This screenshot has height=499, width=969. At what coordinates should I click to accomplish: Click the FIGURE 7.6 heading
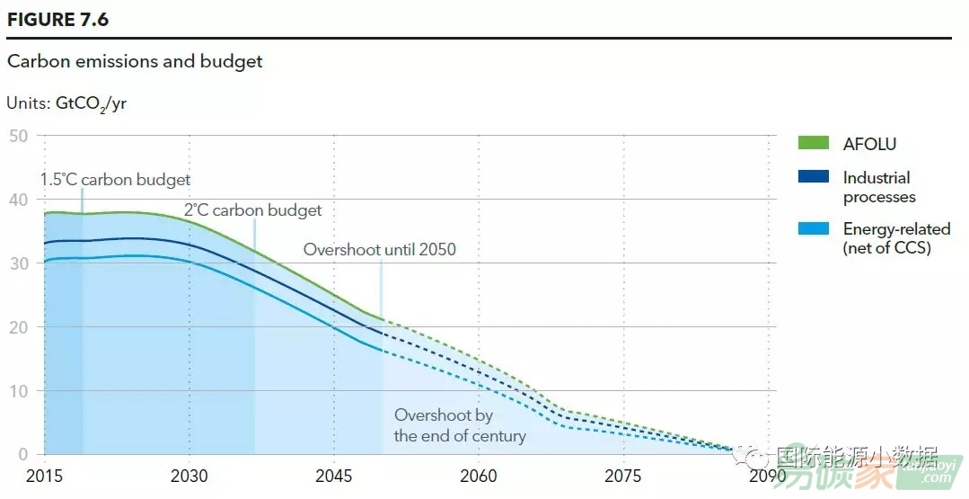click(x=57, y=19)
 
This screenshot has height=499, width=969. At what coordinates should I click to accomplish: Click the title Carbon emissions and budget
click(x=135, y=62)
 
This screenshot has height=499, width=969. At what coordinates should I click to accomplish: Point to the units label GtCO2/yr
click(x=66, y=103)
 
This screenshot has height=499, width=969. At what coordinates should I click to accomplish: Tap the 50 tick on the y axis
click(x=19, y=136)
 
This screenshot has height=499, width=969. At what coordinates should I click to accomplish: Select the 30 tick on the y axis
click(x=19, y=263)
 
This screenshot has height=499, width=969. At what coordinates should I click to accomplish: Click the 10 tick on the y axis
click(x=19, y=390)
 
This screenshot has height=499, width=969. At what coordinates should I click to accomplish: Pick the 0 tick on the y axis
click(x=23, y=454)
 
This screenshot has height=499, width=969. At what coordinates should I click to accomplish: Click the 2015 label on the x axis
click(x=45, y=475)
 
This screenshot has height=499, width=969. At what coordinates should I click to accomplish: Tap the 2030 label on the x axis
click(x=189, y=475)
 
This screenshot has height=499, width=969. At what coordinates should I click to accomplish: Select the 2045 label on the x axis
click(x=334, y=475)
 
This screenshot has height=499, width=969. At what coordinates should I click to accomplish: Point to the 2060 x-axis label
click(x=479, y=475)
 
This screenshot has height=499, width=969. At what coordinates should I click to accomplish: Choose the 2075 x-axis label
click(x=623, y=475)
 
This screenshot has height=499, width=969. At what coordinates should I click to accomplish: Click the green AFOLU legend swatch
click(x=814, y=143)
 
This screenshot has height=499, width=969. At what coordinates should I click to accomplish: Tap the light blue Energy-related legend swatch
click(x=814, y=229)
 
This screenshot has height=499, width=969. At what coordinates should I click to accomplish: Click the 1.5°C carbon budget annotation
click(x=115, y=180)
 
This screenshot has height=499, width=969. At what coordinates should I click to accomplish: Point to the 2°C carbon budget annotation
click(x=252, y=210)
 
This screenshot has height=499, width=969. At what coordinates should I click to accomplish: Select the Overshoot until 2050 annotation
click(x=379, y=250)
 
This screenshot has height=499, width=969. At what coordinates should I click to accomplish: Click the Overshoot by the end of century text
click(x=459, y=425)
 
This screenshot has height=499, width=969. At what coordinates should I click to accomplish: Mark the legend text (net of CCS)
click(x=886, y=248)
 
